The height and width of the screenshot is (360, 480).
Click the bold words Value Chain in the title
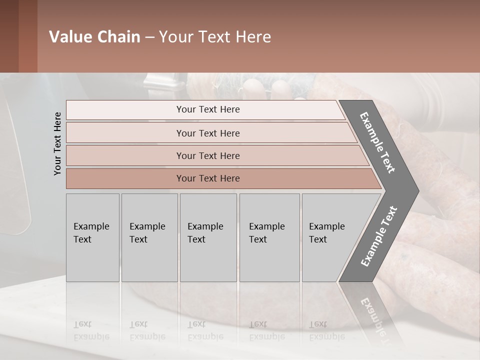point(94,37)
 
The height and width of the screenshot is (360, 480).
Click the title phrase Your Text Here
point(215,37)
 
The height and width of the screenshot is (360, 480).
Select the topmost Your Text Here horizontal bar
point(207,109)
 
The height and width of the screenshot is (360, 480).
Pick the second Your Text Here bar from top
point(207,133)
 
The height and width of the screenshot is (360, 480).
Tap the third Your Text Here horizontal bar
point(207,155)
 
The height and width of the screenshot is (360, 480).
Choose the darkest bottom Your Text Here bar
point(207,178)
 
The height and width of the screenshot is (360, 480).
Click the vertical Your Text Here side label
point(57,143)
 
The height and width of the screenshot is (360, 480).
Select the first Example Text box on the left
point(92,237)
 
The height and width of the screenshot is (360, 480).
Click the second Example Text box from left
point(149,237)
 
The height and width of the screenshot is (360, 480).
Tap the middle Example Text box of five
point(208,237)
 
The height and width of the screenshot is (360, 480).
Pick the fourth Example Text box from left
point(269,237)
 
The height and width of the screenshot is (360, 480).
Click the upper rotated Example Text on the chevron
point(378,142)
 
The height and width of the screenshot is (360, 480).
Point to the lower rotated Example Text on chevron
point(379,236)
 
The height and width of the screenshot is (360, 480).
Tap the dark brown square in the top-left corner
point(9,36)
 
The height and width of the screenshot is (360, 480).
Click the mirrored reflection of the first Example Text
point(91,330)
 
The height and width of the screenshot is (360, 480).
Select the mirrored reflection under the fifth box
point(327,330)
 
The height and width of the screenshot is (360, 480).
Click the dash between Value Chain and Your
point(149,37)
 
